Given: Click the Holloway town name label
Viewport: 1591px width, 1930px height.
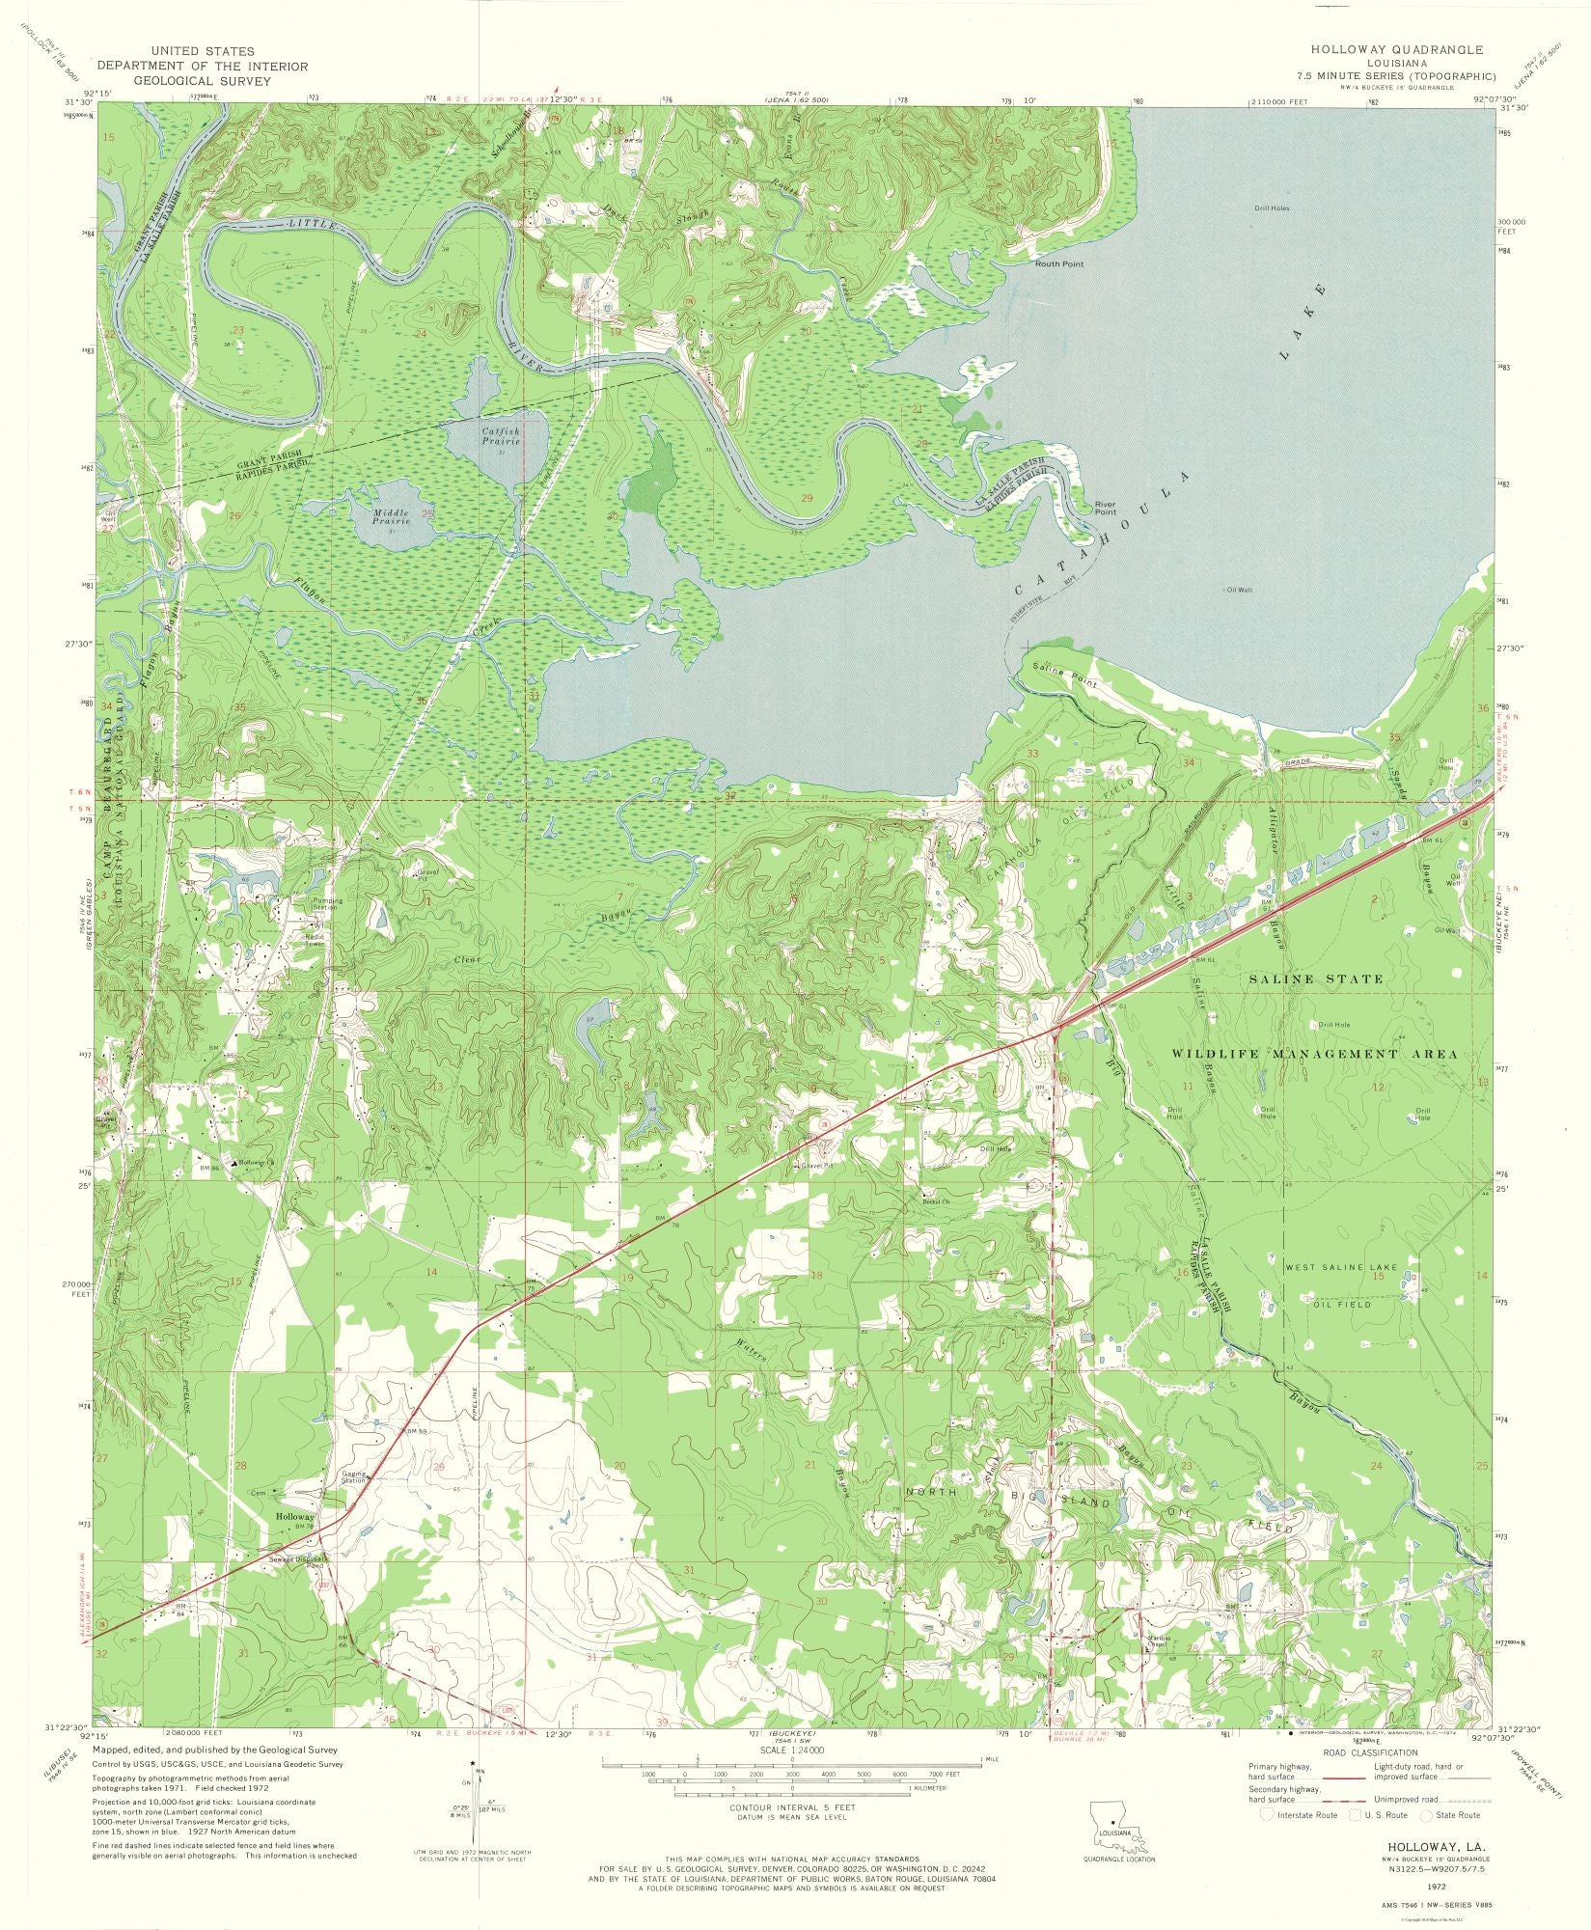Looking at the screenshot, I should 294,1517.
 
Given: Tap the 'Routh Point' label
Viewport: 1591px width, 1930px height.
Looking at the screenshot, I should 1058,263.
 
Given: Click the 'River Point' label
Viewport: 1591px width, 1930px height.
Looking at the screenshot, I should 1105,508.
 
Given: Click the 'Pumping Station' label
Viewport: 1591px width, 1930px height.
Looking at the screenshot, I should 327,904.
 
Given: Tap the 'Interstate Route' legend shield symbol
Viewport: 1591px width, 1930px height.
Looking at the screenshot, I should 1267,1814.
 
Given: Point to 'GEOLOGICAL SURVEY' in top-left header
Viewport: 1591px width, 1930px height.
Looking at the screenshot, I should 202,81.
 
